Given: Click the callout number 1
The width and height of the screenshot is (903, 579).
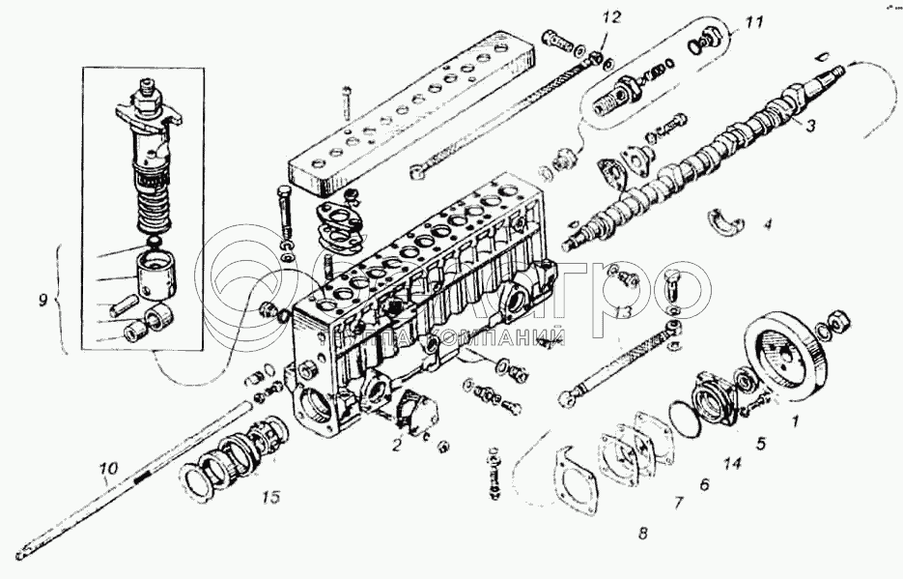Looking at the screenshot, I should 796,421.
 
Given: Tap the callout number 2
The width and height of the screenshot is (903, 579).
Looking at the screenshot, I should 396,445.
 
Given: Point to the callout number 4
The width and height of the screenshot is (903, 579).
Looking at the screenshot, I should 768,225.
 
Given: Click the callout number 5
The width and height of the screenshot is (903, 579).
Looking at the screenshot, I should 760,444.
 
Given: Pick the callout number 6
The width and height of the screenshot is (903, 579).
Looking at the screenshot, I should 704,484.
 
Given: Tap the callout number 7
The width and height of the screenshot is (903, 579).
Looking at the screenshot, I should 678,503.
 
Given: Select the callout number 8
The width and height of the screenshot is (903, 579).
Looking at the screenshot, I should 643,532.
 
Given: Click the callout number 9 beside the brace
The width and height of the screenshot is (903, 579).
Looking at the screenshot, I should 42,300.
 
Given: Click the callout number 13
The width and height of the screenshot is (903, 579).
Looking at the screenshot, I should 625,312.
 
